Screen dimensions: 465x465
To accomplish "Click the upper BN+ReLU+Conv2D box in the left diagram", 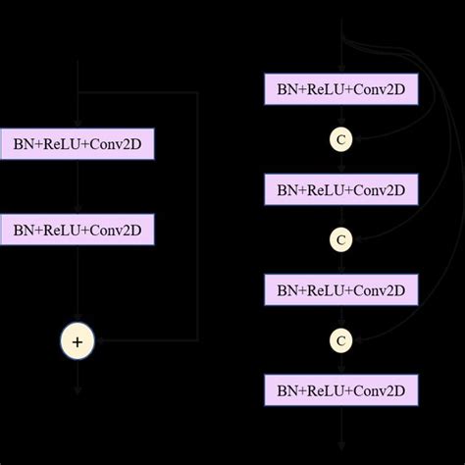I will coord(77,146).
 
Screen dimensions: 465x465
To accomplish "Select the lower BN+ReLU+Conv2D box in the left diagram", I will coord(77,231).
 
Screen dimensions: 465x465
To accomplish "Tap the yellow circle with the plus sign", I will coord(77,341).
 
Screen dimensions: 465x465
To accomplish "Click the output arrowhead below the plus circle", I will coord(77,390).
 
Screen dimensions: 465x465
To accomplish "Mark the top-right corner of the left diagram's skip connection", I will coord(198,94).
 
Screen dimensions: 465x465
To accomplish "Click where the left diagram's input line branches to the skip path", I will coord(77,94).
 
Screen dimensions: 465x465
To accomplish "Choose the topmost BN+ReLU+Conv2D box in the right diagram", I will coord(340,89).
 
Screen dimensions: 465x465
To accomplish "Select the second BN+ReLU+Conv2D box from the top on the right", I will coord(340,189).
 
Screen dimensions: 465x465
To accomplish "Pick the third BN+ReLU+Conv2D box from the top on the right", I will coord(340,289).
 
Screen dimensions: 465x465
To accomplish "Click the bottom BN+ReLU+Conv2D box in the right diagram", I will coord(340,390).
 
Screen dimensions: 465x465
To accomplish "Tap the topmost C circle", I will coord(340,139).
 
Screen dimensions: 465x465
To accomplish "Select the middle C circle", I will coord(340,239).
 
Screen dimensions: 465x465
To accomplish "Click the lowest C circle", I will coord(340,340).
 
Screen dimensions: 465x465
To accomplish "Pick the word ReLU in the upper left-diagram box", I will coord(64,146).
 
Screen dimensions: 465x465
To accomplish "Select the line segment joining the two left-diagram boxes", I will coord(77,188).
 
